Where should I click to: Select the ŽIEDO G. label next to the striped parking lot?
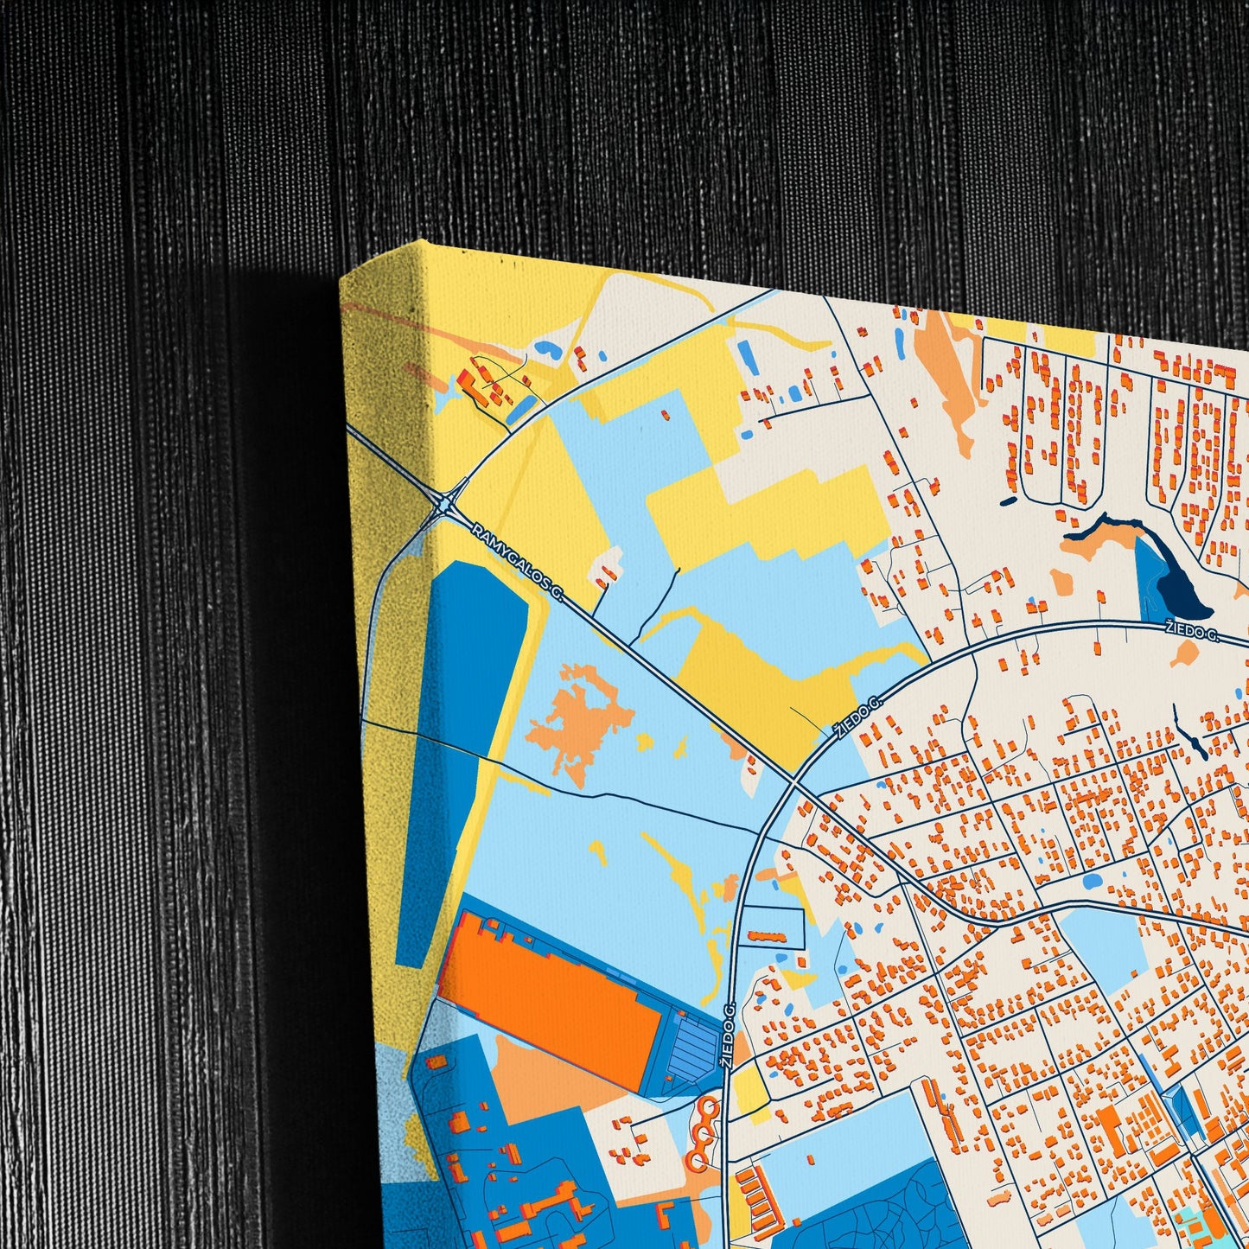730,1036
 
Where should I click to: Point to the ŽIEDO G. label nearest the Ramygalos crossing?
857,717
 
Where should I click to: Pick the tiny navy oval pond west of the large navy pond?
1009,500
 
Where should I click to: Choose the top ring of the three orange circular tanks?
709,1106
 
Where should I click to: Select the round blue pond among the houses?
1092,883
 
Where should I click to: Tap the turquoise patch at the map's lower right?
1197,1227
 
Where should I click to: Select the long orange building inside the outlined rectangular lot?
764,935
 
